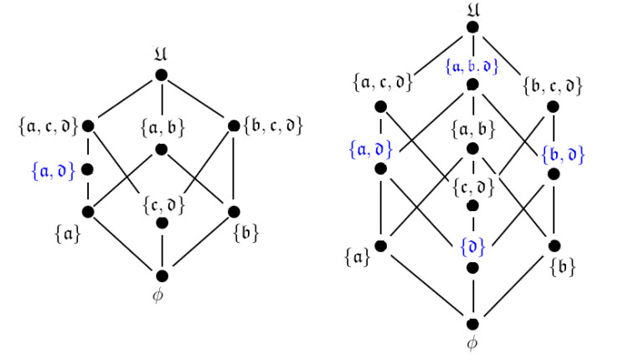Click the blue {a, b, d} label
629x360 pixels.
(x=473, y=65)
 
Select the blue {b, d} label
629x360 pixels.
(x=563, y=154)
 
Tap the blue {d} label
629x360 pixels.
(x=473, y=249)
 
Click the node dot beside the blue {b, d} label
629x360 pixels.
(x=553, y=174)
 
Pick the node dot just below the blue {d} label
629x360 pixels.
(x=473, y=267)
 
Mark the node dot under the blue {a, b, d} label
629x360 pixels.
(x=473, y=85)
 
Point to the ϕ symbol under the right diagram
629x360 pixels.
(x=473, y=343)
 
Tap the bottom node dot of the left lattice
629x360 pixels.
(x=162, y=275)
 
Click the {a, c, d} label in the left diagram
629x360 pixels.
(x=48, y=126)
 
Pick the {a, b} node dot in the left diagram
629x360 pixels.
(x=162, y=150)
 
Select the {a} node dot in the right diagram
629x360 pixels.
(x=380, y=246)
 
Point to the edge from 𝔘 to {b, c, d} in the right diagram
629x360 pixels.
(x=512, y=66)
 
